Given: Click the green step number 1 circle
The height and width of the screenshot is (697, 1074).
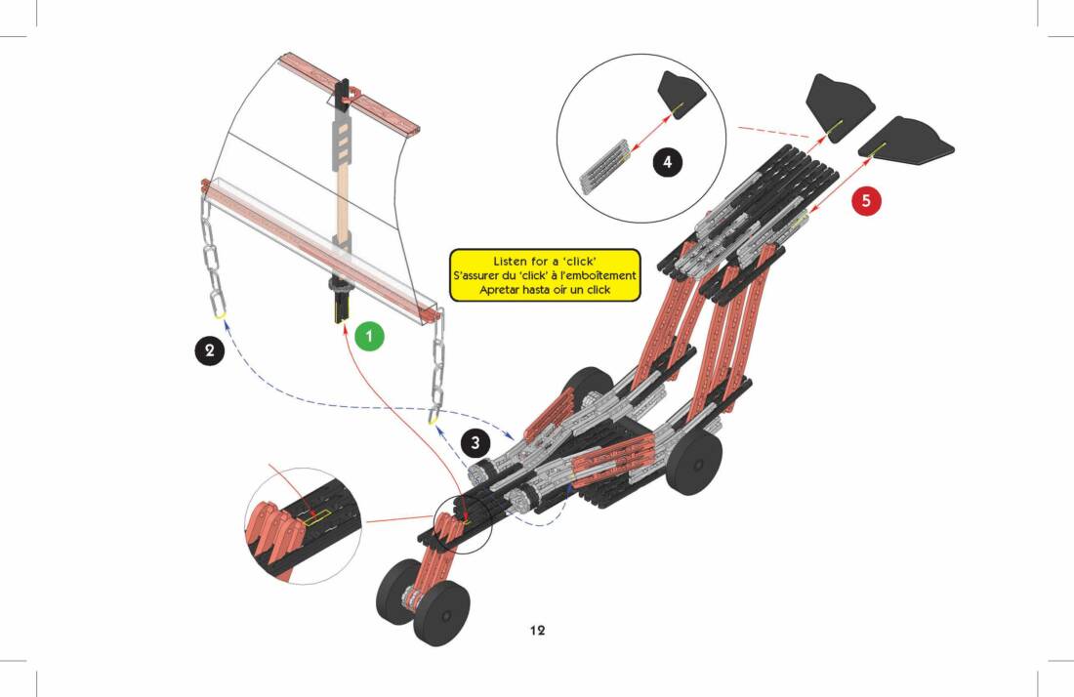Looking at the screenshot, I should point(369,336).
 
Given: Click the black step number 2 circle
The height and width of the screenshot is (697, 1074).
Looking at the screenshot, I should point(208,349).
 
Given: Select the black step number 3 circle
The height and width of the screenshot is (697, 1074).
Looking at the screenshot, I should point(475,442).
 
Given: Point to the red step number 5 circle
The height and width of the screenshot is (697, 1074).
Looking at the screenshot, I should point(866,201).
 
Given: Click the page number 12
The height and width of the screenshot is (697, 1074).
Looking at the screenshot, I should point(537,630).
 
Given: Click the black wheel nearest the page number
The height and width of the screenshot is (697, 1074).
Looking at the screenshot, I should point(441,610).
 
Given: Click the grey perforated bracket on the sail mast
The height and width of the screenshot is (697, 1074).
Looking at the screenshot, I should point(344,137).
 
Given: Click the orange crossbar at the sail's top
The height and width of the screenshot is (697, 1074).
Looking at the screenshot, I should point(351,94).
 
